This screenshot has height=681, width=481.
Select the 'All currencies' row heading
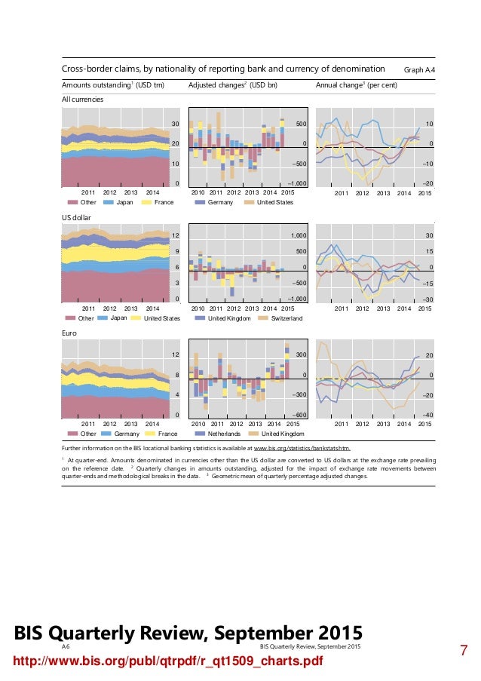click(x=82, y=99)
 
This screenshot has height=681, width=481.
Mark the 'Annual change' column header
click(x=356, y=84)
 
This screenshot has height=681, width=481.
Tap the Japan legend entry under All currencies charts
click(x=124, y=202)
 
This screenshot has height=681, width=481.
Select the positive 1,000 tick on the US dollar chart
click(x=297, y=235)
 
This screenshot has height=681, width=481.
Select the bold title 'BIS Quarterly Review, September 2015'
click(x=184, y=632)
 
